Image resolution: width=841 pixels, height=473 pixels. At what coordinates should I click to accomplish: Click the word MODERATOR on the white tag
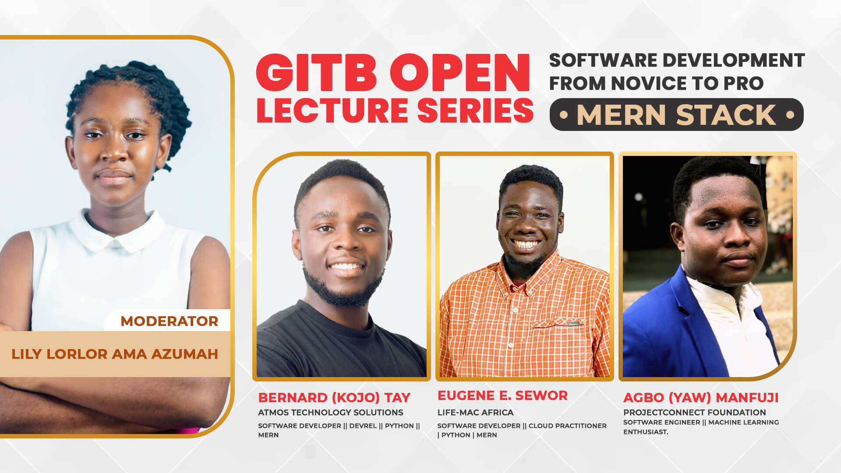tap(170, 321)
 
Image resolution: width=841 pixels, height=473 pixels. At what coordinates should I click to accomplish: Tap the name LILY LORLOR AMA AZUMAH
tap(115, 354)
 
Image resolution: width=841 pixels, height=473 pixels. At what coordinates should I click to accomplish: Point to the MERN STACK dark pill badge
tap(676, 114)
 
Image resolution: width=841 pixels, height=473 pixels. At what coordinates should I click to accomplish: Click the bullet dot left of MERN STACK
tap(564, 115)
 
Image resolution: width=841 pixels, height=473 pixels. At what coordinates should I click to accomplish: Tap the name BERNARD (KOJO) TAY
tap(334, 398)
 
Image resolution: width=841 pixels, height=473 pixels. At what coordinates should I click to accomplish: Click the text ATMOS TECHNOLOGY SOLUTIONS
tap(331, 413)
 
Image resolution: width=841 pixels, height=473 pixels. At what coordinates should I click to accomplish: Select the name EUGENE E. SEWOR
tap(502, 395)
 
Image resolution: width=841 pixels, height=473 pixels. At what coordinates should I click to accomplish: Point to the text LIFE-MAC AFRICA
tap(475, 413)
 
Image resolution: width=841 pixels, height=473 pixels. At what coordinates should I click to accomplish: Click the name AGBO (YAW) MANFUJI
tap(701, 398)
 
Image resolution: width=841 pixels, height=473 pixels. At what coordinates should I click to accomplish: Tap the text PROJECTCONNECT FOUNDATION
tap(695, 413)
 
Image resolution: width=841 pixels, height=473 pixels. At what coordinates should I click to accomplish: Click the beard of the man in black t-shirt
tap(344, 289)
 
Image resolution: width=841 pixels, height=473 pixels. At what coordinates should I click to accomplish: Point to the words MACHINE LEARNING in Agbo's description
tap(743, 422)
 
